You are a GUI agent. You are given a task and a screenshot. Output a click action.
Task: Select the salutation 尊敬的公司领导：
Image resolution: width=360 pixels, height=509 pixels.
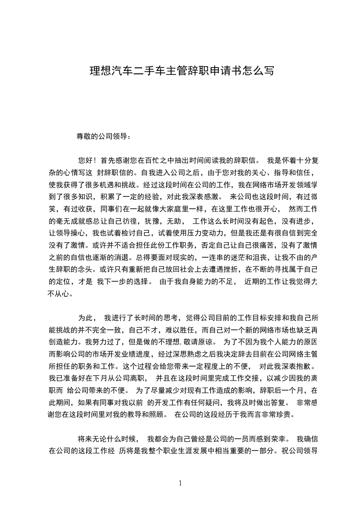pyautogui.click(x=104, y=136)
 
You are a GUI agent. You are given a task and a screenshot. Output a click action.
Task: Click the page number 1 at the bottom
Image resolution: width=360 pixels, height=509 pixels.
pyautogui.click(x=180, y=483)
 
